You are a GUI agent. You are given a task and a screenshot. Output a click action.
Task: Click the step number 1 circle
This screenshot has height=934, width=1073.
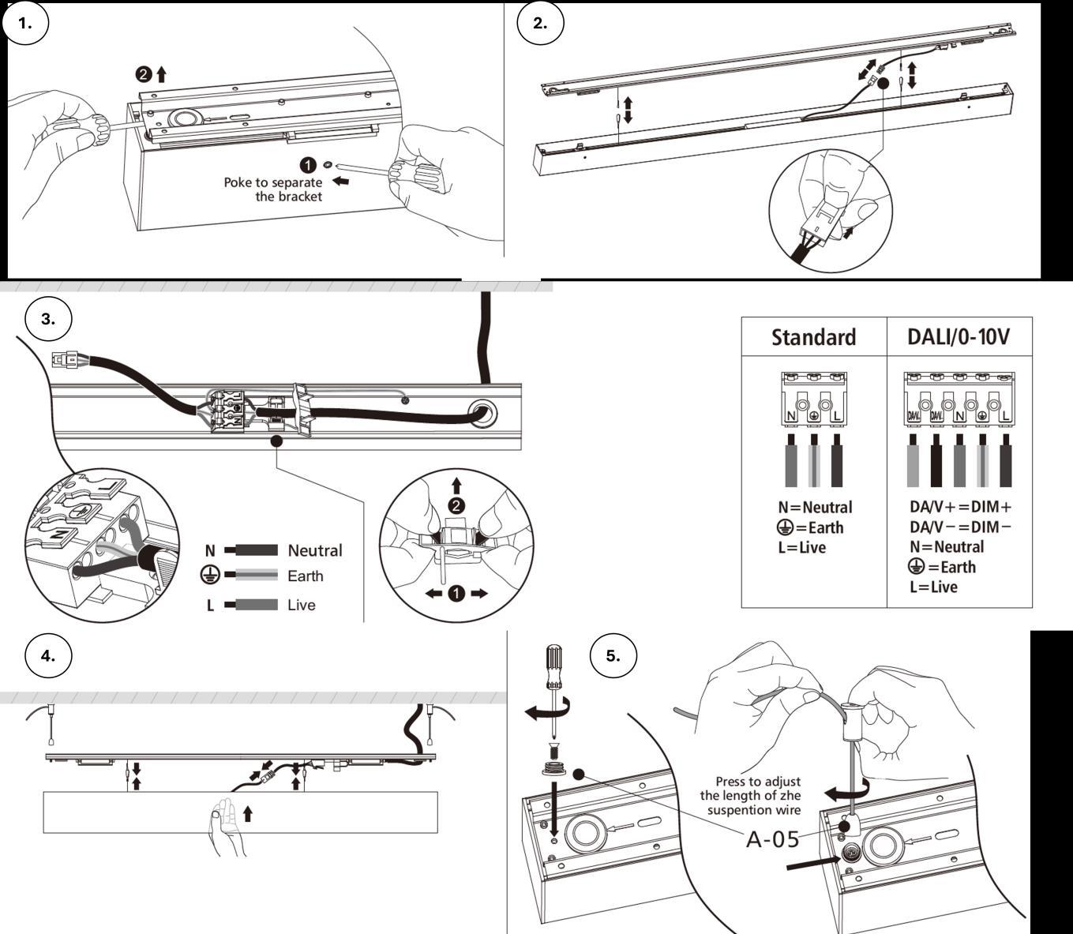click(x=25, y=23)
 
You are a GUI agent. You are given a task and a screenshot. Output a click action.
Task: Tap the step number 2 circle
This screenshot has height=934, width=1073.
click(x=540, y=23)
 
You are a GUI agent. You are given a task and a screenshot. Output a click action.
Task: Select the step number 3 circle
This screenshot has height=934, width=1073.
click(x=48, y=319)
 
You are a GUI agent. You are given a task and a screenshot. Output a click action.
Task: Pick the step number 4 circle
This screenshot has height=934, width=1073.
click(x=48, y=655)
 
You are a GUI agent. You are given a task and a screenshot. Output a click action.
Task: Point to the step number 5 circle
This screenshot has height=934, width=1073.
click(x=613, y=655)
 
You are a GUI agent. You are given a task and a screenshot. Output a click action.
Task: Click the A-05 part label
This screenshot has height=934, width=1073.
click(x=772, y=838)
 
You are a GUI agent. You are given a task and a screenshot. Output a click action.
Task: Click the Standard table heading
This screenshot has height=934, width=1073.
click(x=813, y=337)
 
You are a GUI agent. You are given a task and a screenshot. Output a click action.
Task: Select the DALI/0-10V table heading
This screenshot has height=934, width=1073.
click(x=959, y=337)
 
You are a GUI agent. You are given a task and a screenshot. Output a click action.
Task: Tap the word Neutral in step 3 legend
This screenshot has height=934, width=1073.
click(x=314, y=550)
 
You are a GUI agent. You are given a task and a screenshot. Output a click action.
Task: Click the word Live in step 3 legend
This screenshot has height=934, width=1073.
click(x=301, y=605)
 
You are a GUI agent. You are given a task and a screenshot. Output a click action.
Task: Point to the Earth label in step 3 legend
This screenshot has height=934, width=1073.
click(x=305, y=576)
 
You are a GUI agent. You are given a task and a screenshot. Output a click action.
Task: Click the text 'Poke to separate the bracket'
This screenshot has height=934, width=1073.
click(x=273, y=189)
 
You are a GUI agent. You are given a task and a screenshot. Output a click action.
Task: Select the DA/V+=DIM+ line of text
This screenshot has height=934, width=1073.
click(x=960, y=507)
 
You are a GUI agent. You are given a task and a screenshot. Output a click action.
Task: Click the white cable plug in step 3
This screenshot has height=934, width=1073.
click(x=65, y=360)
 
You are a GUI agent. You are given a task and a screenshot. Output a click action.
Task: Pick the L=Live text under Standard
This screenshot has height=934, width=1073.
click(x=801, y=547)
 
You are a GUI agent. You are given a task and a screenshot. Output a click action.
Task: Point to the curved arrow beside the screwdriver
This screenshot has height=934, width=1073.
click(x=542, y=712)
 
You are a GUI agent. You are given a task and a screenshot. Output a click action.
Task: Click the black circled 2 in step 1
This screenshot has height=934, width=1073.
click(x=143, y=75)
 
